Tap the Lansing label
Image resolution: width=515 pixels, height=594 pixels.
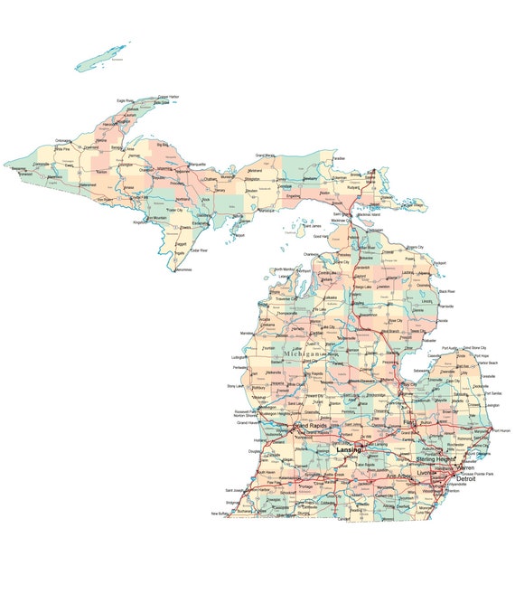(348, 449)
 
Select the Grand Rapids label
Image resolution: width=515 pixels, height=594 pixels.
(313, 425)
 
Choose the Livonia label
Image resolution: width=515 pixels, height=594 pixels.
(426, 472)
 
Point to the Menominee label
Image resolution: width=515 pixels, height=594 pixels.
(183, 269)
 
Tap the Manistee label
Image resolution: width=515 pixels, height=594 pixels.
(247, 334)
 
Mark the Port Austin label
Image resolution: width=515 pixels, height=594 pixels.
(451, 347)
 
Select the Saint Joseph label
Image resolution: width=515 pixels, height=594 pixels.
(236, 491)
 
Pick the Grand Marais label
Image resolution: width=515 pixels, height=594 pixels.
(266, 155)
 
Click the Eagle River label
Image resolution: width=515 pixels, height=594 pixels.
(125, 100)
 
